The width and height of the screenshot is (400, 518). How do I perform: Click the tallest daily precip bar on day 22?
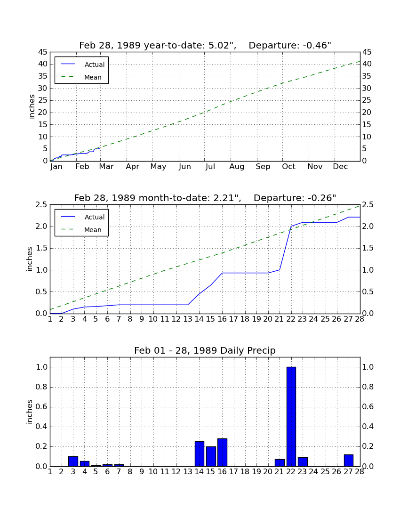[x=291, y=417]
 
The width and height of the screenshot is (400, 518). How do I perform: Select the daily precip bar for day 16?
[x=222, y=452]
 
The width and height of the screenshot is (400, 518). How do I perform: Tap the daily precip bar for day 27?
[x=349, y=461]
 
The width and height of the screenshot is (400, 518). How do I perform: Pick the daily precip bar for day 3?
[x=73, y=461]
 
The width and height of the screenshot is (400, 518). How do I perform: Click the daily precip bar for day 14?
[x=200, y=454]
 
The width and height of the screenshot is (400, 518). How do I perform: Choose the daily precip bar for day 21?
[x=280, y=463]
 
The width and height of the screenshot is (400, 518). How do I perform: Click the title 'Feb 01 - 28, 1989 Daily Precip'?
[x=205, y=350]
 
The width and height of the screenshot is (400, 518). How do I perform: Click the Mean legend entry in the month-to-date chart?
[x=81, y=230]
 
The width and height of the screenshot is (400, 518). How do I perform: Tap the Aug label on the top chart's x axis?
[x=237, y=167]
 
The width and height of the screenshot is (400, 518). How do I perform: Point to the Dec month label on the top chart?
[x=340, y=167]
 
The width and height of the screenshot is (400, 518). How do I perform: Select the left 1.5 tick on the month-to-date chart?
[x=42, y=249]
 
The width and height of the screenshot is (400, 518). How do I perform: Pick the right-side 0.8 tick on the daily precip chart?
[x=368, y=387]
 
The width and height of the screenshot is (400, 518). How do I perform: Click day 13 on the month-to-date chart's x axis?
[x=187, y=319]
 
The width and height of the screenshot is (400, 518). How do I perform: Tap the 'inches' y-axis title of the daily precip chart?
[x=30, y=412]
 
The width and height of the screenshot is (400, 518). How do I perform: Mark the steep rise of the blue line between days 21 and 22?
[x=286, y=248]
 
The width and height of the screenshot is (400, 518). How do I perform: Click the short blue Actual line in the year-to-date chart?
[x=75, y=154]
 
